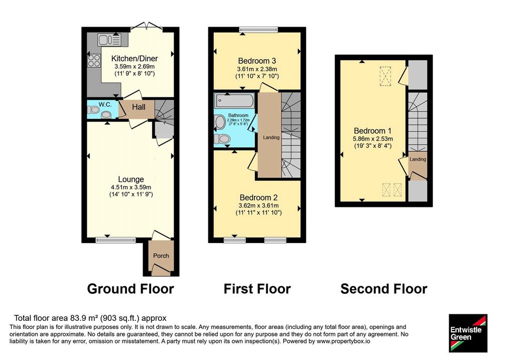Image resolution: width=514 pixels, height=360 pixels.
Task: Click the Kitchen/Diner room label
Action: pyautogui.click(x=135, y=59)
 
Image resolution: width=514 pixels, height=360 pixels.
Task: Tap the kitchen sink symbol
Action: pyautogui.click(x=109, y=40)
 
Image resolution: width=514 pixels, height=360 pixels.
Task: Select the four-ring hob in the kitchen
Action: pyautogui.click(x=94, y=61)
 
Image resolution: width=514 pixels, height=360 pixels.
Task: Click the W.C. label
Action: pyautogui.click(x=105, y=104)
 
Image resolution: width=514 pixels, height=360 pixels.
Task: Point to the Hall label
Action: pyautogui.click(x=139, y=107)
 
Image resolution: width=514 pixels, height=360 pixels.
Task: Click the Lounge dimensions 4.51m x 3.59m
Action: pyautogui.click(x=131, y=188)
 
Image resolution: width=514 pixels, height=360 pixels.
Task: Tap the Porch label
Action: pyautogui.click(x=161, y=256)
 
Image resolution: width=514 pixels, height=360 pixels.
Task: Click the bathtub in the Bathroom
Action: pyautogui.click(x=235, y=100)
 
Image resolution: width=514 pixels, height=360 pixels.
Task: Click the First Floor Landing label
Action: pyautogui.click(x=271, y=138)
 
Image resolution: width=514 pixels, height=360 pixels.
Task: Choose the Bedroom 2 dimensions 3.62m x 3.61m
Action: pyautogui.click(x=259, y=205)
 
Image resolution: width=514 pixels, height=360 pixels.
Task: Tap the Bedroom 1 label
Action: pyautogui.click(x=373, y=131)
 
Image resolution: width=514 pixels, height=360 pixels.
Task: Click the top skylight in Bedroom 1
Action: pyautogui.click(x=385, y=76)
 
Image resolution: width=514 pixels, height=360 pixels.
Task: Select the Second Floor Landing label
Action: pyautogui.click(x=418, y=159)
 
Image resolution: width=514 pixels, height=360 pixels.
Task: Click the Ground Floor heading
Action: pyautogui.click(x=131, y=289)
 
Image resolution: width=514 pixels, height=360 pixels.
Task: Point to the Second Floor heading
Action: pyautogui.click(x=384, y=289)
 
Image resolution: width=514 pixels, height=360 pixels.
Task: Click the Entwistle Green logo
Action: pyautogui.click(x=468, y=333)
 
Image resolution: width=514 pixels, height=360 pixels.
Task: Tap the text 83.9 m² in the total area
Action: pyautogui.click(x=84, y=318)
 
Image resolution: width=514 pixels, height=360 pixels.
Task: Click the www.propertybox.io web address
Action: pyautogui.click(x=343, y=341)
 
